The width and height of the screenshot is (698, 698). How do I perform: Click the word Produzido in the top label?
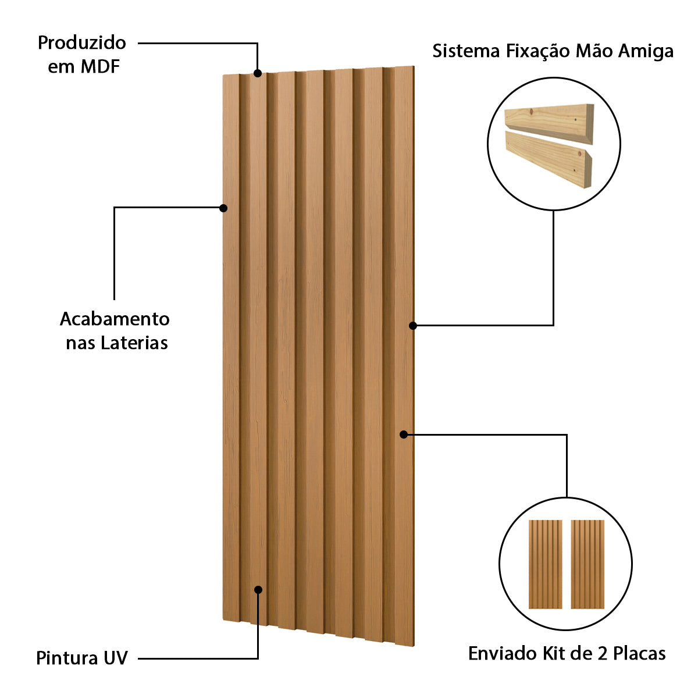(x=81, y=42)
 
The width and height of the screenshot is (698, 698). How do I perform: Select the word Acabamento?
(x=115, y=319)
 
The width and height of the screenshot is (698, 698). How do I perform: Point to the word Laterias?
(x=134, y=343)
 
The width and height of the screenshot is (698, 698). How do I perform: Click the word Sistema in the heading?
(x=466, y=51)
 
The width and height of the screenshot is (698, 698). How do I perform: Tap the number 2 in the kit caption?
(x=602, y=653)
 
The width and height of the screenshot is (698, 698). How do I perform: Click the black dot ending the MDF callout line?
(x=258, y=73)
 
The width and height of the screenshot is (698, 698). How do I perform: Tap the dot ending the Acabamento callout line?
(x=223, y=208)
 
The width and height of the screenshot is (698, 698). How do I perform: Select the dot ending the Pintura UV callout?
(x=258, y=589)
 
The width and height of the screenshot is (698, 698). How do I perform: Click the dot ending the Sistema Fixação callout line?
(x=413, y=326)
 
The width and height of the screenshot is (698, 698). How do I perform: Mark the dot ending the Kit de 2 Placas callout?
(x=403, y=434)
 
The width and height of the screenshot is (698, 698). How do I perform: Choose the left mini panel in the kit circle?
(x=545, y=564)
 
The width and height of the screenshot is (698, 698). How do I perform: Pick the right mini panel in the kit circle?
(x=587, y=564)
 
